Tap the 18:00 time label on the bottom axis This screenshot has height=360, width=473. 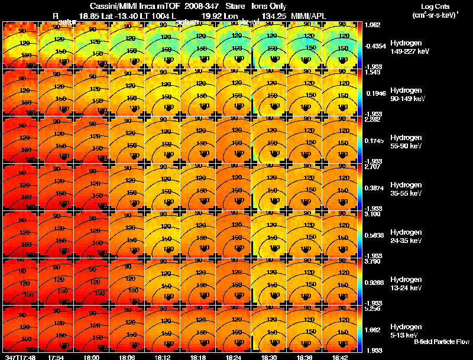[93, 356]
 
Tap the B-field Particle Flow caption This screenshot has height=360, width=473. [442, 342]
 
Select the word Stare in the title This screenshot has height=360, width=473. [235, 6]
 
